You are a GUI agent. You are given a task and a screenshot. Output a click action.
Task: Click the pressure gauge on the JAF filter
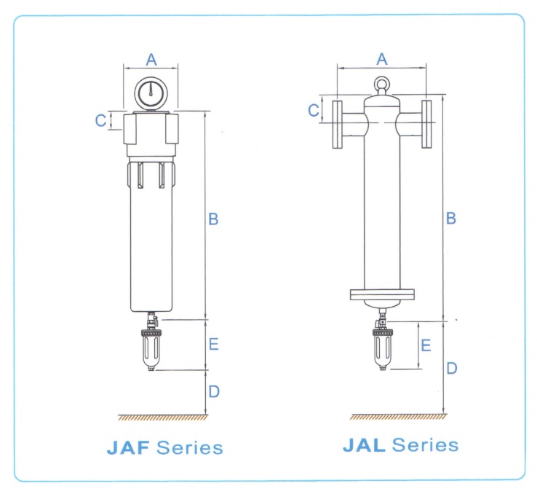pyautogui.click(x=151, y=92)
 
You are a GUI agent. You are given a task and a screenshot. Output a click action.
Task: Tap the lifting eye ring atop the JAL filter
pyautogui.click(x=383, y=85)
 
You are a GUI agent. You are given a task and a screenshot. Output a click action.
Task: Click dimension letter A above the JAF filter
pyautogui.click(x=151, y=59)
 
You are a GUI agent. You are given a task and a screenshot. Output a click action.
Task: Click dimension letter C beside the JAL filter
pyautogui.click(x=314, y=110)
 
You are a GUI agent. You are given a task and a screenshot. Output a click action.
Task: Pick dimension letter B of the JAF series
pyautogui.click(x=213, y=219)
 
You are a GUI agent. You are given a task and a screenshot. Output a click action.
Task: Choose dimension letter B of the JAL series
pyautogui.click(x=451, y=218)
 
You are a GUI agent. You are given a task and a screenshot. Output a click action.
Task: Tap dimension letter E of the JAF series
pyautogui.click(x=213, y=344)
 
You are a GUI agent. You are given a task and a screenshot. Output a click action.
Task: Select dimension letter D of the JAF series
pyautogui.click(x=213, y=392)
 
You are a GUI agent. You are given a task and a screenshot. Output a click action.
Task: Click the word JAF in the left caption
pyautogui.click(x=128, y=447)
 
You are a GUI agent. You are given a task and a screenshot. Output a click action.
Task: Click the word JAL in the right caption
pyautogui.click(x=365, y=444)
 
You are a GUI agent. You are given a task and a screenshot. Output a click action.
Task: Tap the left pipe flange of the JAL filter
pyautogui.click(x=338, y=123)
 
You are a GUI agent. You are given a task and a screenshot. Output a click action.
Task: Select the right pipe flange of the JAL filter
pyautogui.click(x=426, y=123)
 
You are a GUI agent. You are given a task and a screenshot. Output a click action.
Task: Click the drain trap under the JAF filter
pyautogui.click(x=151, y=349)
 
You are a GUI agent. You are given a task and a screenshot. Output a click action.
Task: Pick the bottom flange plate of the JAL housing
pyautogui.click(x=382, y=294)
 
